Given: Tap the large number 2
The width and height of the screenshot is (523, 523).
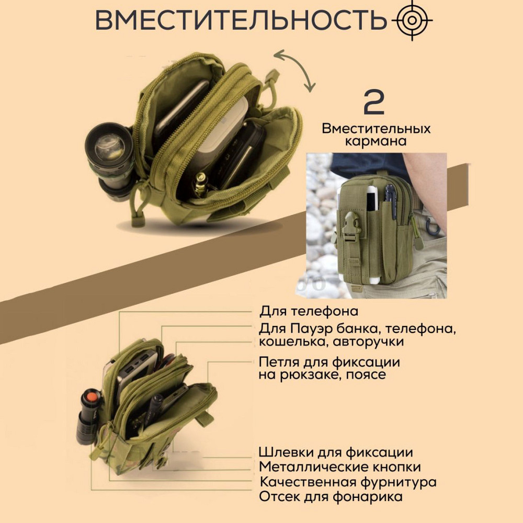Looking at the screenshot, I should [x=374, y=102].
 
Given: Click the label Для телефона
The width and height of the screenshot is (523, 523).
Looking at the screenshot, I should [x=309, y=311].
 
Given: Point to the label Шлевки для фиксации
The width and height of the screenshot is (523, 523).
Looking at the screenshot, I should [x=336, y=452].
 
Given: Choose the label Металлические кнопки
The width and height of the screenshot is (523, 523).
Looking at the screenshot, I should [x=340, y=467].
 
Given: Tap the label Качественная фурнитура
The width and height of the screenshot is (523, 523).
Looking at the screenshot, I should [x=348, y=482].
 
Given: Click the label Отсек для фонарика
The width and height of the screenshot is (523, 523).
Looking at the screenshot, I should [x=331, y=496].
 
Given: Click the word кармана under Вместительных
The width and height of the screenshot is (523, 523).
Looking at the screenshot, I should [x=376, y=141].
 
